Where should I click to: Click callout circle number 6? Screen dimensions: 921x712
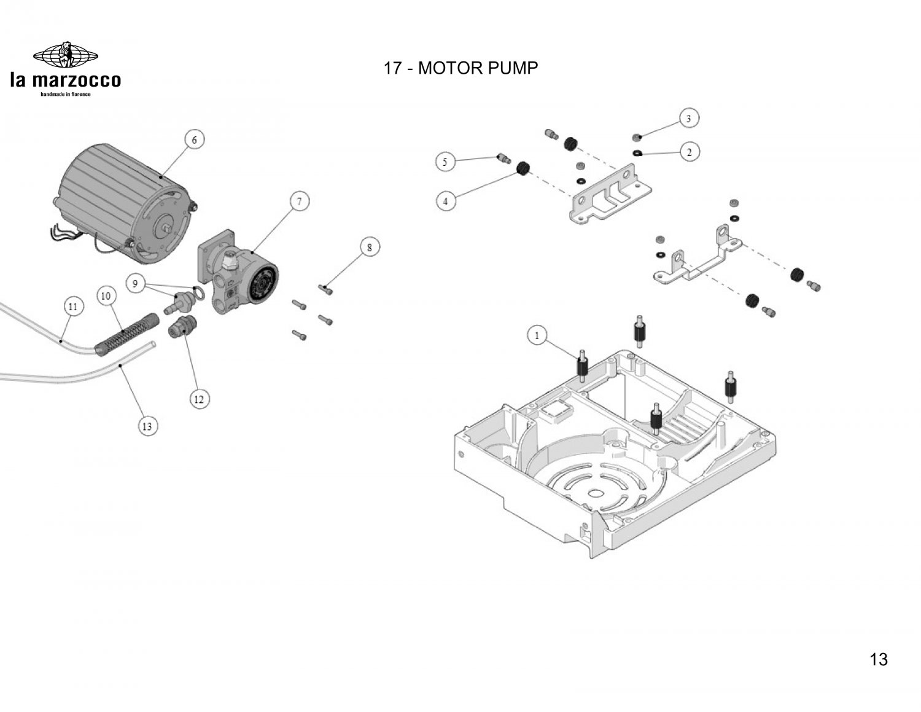tap(195, 139)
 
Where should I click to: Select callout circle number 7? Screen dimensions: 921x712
tap(299, 201)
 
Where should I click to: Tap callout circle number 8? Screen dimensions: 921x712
tap(370, 247)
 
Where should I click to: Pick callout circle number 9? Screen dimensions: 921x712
tap(135, 283)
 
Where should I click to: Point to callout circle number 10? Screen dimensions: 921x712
tap(106, 295)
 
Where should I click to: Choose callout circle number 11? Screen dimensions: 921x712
tap(73, 306)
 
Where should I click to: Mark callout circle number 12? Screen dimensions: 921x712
tap(199, 399)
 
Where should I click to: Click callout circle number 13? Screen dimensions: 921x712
tap(147, 426)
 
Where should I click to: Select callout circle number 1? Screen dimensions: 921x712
tap(537, 336)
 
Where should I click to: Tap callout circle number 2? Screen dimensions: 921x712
tap(689, 152)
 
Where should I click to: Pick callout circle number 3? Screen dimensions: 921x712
tap(689, 119)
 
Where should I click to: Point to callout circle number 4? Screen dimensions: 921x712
tap(445, 201)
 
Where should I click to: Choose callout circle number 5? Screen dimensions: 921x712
tap(445, 162)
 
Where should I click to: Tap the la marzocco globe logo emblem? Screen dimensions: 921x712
tap(66, 55)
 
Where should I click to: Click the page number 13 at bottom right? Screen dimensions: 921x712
tap(879, 659)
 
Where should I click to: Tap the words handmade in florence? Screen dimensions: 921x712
tap(66, 94)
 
